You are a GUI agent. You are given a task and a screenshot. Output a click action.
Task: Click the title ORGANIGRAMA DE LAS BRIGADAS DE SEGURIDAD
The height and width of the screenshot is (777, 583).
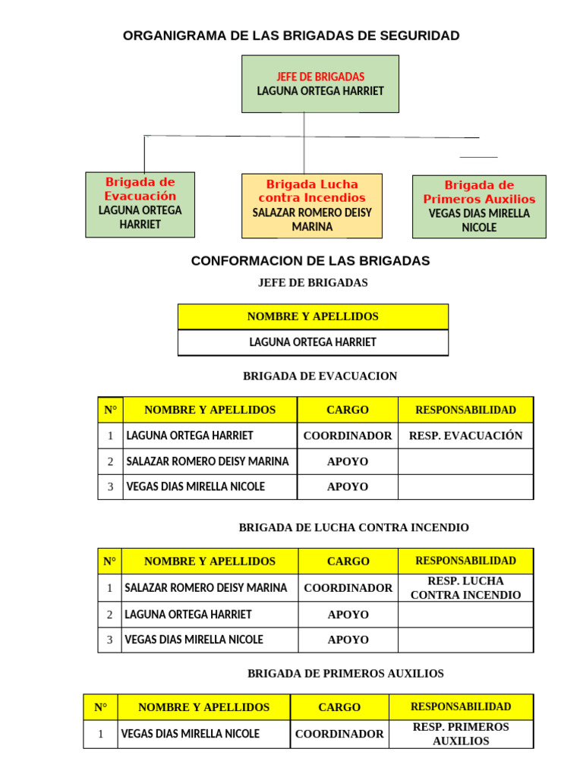tap(291, 36)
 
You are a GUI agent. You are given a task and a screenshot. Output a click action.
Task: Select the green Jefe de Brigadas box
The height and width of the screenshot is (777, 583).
tap(320, 84)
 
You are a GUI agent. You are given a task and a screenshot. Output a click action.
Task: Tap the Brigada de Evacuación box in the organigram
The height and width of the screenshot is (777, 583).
tap(140, 203)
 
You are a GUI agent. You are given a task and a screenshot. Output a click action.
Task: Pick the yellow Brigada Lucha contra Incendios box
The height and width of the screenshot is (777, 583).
tap(312, 206)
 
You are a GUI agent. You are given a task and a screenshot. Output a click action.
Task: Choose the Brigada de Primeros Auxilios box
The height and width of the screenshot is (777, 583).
tap(479, 206)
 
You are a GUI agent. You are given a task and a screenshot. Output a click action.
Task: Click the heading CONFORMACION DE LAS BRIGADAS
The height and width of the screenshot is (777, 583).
tap(310, 261)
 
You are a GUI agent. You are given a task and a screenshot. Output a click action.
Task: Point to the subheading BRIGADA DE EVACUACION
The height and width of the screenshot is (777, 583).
tap(320, 376)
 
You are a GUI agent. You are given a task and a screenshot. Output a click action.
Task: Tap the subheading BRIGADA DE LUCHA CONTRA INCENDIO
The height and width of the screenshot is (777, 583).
tap(354, 527)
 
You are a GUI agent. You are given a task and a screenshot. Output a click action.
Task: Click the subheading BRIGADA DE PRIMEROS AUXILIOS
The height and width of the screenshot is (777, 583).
tap(345, 674)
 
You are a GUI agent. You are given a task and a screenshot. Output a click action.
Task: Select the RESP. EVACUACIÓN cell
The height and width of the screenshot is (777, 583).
tap(465, 436)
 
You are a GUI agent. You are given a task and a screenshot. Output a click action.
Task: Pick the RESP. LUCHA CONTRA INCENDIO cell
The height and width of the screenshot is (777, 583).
tap(465, 588)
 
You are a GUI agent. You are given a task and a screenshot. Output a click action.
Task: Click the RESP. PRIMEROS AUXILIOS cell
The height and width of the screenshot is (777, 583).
tap(461, 734)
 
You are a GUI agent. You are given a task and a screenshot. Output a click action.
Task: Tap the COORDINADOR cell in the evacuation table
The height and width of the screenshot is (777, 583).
tap(348, 436)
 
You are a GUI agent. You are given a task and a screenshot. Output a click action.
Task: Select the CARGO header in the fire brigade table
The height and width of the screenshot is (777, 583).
tap(348, 562)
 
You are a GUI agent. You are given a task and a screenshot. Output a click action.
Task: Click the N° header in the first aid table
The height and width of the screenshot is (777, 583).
tap(101, 707)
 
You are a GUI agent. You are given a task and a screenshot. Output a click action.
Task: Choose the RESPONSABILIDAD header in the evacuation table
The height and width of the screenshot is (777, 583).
tap(465, 410)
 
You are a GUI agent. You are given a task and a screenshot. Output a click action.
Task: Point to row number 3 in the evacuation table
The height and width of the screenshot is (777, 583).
tap(110, 486)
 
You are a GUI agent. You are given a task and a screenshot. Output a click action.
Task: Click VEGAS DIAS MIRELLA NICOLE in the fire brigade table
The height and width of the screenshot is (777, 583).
tap(194, 640)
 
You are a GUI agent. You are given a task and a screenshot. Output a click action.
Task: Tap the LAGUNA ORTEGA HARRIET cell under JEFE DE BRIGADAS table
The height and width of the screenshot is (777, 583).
tap(313, 342)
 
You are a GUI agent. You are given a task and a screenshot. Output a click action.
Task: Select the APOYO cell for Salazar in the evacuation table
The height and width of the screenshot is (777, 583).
tap(348, 461)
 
